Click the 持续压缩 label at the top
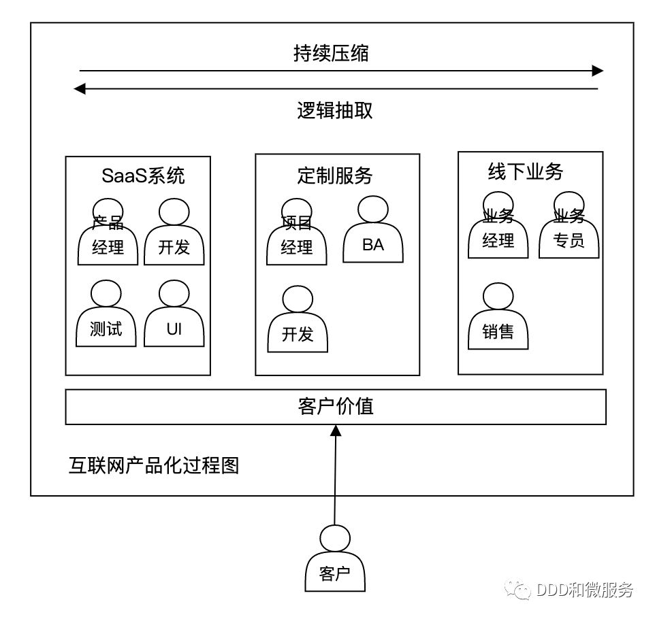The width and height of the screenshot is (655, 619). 331,54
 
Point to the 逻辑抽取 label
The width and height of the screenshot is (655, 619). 334,110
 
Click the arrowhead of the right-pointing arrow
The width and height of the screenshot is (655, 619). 597,71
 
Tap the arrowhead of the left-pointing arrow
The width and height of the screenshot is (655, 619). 80,88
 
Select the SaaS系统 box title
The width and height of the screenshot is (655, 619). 143,175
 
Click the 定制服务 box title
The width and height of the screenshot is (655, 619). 335,175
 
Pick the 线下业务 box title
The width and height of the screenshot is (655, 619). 526,171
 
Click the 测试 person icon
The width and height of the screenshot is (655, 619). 106,317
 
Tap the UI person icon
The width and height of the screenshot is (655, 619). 174,317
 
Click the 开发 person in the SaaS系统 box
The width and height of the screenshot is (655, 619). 174,235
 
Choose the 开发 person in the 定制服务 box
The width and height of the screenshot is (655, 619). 298,322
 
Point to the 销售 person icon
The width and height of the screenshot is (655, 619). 498,320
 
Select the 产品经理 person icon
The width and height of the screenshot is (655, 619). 108,235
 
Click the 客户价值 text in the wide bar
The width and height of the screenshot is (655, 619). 336,407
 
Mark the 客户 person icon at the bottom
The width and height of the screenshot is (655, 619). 334,562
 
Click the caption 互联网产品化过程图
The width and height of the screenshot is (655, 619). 154,466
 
